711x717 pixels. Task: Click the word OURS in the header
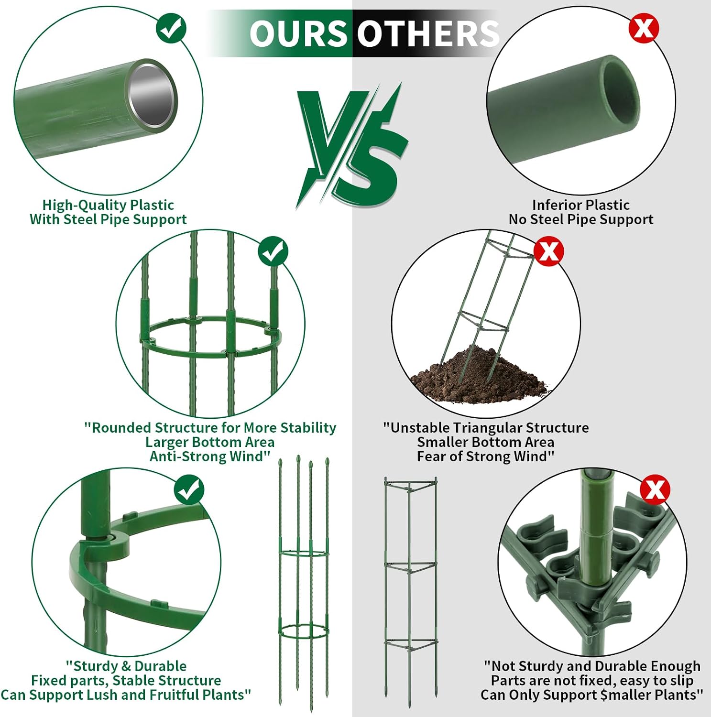298,33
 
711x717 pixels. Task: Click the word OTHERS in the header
428,33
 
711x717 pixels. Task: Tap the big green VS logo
351,146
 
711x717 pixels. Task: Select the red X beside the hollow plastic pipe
644,28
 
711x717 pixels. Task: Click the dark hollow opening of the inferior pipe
621,93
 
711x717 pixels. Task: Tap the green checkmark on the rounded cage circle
273,252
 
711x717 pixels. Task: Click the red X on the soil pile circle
548,251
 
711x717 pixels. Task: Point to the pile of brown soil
478,375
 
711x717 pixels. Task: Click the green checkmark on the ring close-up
189,490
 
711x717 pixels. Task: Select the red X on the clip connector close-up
655,489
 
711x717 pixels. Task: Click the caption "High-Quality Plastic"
108,205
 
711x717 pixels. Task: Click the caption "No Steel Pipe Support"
581,219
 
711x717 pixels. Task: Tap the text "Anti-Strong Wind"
207,456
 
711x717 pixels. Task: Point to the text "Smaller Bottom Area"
486,442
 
